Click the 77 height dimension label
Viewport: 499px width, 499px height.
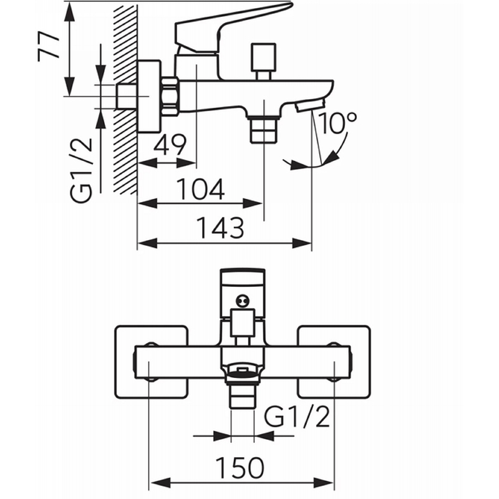(x=49, y=46)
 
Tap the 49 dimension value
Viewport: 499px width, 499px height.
(x=170, y=145)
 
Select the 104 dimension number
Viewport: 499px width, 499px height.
(x=200, y=189)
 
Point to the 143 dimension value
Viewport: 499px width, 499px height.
(x=221, y=228)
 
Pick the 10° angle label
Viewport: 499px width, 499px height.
(x=337, y=122)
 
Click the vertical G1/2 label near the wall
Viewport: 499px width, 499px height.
(x=81, y=170)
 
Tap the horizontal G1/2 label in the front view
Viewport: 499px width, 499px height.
(x=297, y=417)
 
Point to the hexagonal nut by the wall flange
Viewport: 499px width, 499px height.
(x=170, y=97)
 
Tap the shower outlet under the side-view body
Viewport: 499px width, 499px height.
(x=264, y=130)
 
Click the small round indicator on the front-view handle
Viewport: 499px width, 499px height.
(x=243, y=301)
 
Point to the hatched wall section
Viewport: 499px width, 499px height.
(x=125, y=99)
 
